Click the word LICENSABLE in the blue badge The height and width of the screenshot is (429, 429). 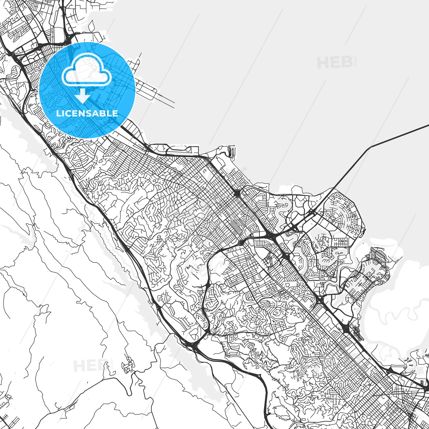pos(87,113)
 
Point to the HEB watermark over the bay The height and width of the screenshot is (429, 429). pos(335,62)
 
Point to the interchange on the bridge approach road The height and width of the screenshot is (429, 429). pos(311,213)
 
